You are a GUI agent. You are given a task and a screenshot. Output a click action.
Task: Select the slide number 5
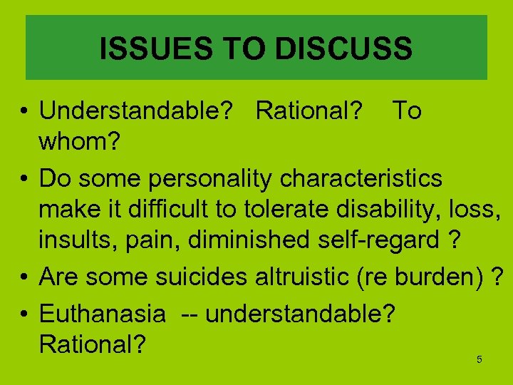[479, 359]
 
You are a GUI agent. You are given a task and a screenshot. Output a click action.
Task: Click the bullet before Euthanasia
[24, 313]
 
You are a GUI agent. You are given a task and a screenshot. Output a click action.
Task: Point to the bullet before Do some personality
[24, 178]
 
